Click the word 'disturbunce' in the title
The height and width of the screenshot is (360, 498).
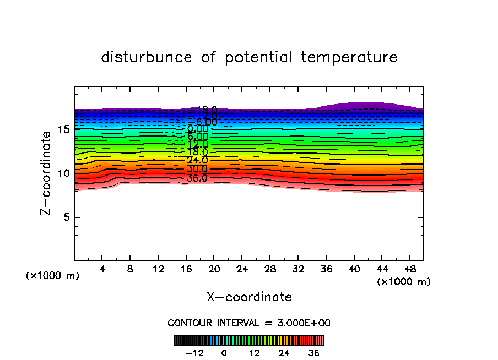point(147,57)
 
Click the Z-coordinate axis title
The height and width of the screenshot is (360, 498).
point(47,173)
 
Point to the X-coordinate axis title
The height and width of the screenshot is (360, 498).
point(249,297)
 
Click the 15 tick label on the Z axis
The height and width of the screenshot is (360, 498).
point(63,129)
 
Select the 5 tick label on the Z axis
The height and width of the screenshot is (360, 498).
point(66,217)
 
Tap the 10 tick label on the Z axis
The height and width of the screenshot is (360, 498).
point(63,173)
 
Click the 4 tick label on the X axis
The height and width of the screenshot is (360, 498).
point(102,270)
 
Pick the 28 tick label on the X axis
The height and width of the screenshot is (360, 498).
point(269,270)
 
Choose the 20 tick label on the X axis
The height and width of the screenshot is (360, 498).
point(214,270)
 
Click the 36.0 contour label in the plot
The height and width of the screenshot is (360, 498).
point(197,178)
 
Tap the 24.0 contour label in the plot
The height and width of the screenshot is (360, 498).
point(197,161)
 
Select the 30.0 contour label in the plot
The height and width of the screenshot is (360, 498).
point(197,170)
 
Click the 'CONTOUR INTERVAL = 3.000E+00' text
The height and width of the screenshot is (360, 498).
point(249,323)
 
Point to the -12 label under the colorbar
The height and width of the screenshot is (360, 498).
point(195,353)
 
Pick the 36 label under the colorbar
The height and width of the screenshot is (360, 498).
point(314,353)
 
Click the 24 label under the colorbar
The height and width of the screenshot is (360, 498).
point(284,353)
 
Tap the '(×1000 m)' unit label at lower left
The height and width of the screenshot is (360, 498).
point(52,276)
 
